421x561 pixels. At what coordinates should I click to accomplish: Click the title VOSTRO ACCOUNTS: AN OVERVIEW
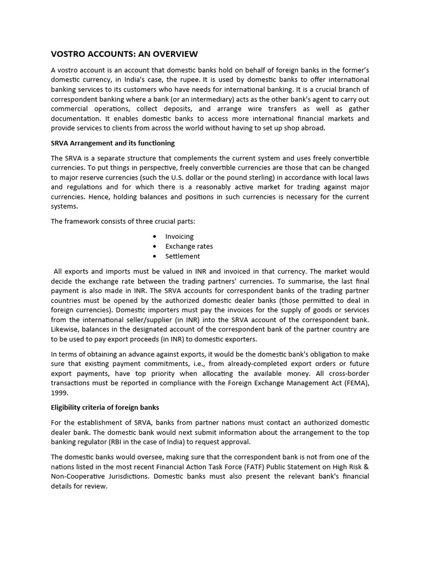[124, 54]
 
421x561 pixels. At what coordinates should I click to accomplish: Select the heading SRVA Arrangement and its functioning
[112, 143]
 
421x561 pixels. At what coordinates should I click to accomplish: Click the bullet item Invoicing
[179, 236]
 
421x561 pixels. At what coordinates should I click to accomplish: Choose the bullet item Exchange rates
[189, 246]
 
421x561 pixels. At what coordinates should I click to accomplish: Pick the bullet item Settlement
[183, 256]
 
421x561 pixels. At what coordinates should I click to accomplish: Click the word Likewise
[66, 330]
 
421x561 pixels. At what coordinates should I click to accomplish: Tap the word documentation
[76, 118]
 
